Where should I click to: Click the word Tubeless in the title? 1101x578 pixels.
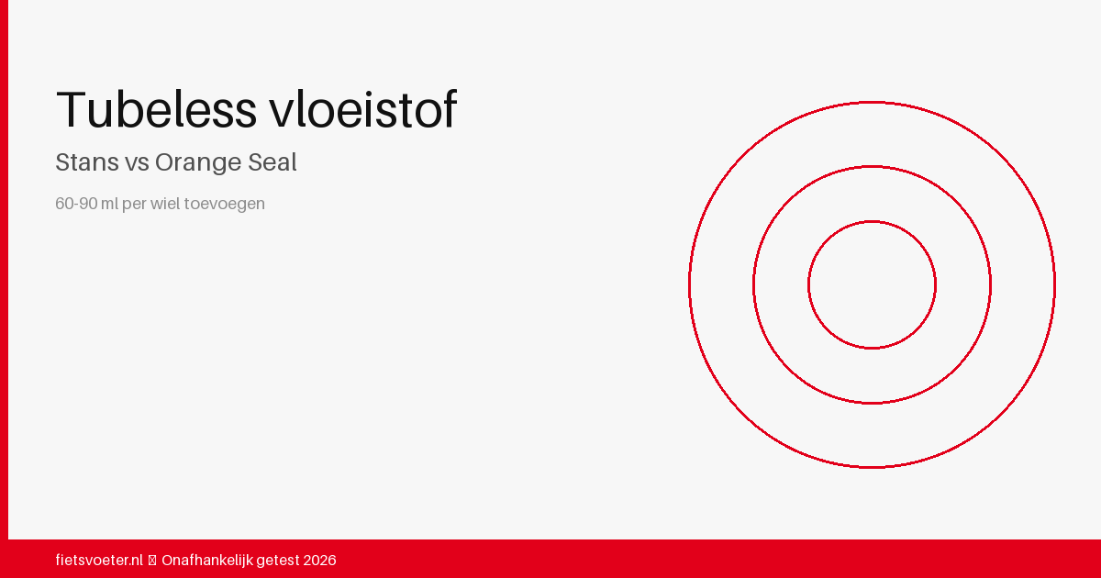pos(156,110)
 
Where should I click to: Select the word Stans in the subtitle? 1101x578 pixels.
pos(87,162)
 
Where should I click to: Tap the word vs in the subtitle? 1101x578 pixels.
pos(137,162)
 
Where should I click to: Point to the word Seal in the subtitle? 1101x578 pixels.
pos(272,162)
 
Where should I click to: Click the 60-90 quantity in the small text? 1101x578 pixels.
pos(77,204)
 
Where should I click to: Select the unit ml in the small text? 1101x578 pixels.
pos(111,204)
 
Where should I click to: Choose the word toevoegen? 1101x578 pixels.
pos(225,204)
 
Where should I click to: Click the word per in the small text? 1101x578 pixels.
pos(134,204)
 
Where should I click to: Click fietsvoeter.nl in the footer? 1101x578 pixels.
pos(99,560)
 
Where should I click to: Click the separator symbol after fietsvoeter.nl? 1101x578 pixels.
pos(152,560)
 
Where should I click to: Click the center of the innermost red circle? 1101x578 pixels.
pos(872,284)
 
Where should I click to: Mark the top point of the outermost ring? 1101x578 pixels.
pos(872,102)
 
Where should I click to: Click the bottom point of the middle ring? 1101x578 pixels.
pos(872,403)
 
